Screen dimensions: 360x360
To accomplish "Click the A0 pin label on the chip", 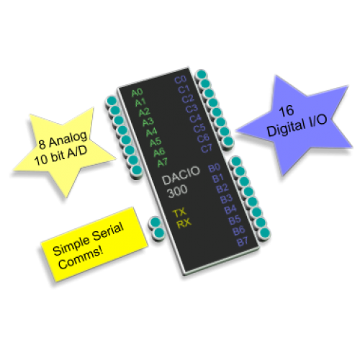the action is click(x=137, y=92).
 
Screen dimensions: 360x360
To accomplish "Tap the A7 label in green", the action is click(x=163, y=163).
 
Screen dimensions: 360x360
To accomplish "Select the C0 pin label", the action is click(x=181, y=80).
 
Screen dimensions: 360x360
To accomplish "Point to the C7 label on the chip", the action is click(x=207, y=148).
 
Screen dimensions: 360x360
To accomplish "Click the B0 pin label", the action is click(x=215, y=168).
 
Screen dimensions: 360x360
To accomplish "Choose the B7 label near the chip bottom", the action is click(x=243, y=241).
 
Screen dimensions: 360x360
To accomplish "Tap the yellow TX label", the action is click(x=179, y=213).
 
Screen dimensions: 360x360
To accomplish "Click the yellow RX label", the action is click(x=184, y=223).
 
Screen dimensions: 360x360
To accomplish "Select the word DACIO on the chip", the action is click(x=181, y=176).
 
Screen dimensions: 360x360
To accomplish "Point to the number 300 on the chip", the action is click(x=177, y=192).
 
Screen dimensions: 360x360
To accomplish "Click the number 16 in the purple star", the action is click(x=287, y=111).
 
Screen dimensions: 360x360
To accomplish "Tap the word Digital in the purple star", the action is click(x=284, y=127).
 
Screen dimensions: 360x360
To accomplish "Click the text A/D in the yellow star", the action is click(x=77, y=153).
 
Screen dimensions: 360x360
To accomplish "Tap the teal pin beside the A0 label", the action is click(x=112, y=101).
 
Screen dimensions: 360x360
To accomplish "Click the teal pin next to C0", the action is click(x=201, y=74).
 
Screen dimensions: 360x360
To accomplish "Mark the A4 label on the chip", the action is click(x=152, y=132).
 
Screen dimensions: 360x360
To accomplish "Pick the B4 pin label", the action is click(x=230, y=210).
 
